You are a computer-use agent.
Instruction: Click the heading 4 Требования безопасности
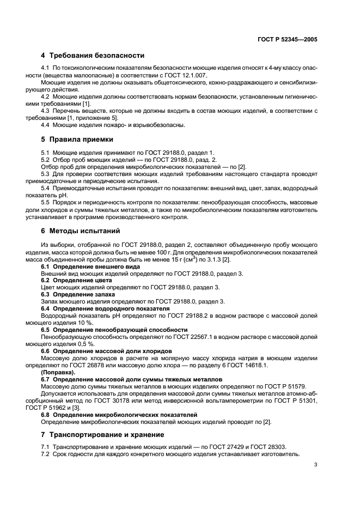click(93, 55)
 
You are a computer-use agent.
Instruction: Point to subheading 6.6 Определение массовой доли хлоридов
click(107, 351)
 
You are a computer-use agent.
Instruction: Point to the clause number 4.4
click(47, 125)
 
